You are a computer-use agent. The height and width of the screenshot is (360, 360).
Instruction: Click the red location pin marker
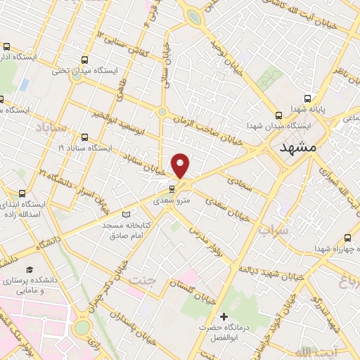(181, 166)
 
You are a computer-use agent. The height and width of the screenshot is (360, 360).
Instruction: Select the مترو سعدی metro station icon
(171, 189)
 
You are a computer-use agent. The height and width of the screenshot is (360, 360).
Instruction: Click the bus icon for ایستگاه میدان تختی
(85, 60)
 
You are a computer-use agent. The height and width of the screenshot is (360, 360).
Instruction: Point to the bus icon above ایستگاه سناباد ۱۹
(85, 138)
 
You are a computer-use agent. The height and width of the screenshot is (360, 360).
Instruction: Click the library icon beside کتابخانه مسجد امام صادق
(127, 214)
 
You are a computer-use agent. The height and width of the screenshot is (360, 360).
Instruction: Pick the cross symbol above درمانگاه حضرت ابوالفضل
(224, 317)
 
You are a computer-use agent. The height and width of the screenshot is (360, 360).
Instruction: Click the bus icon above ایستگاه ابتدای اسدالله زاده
(22, 193)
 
